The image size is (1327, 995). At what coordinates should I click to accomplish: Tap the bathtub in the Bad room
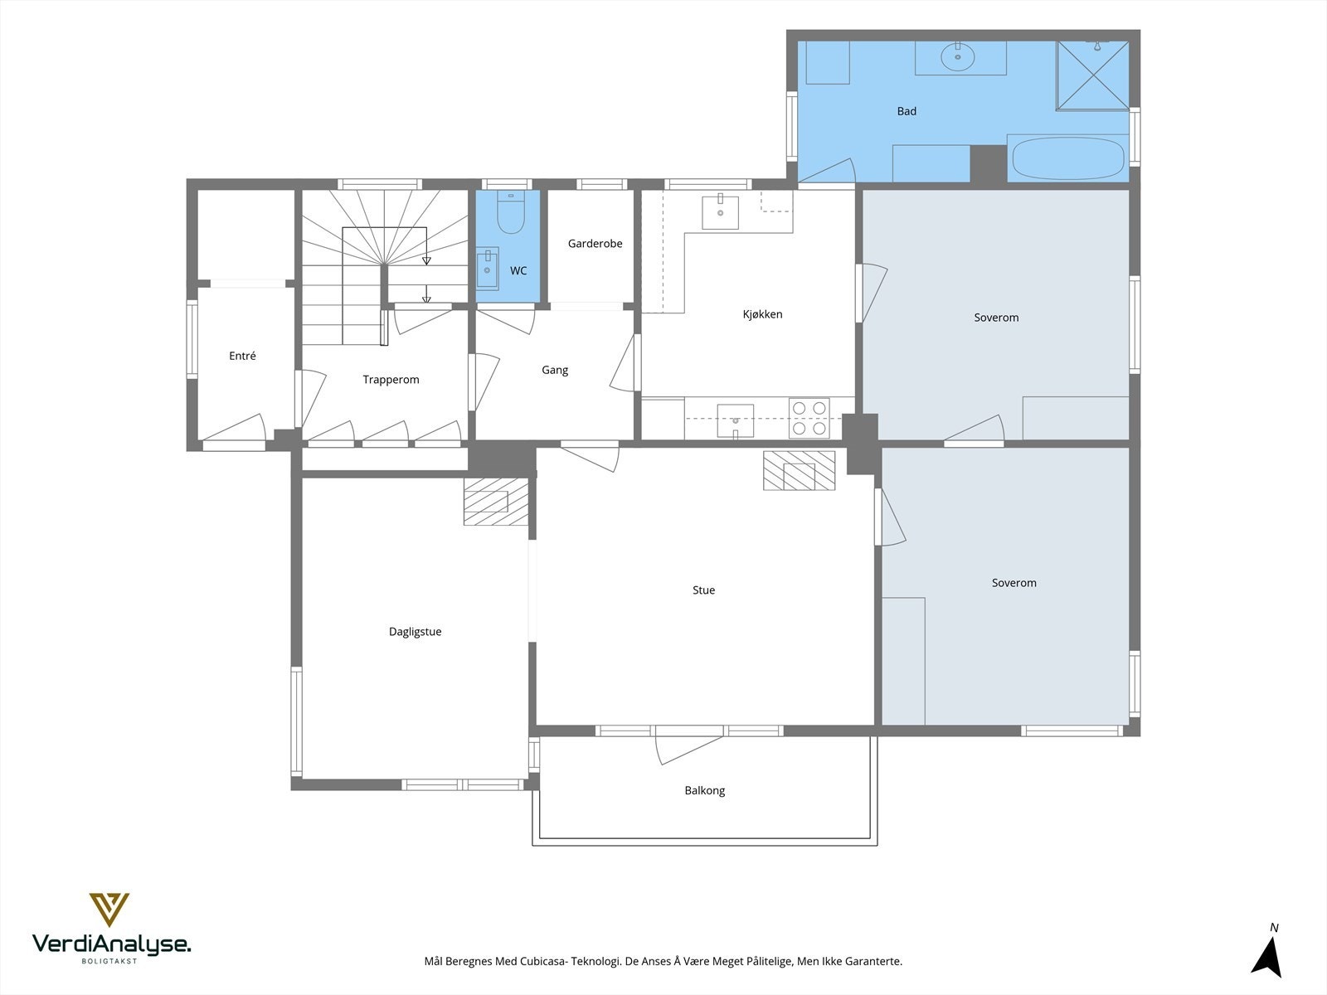1067,158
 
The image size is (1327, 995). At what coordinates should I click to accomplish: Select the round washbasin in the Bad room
958,57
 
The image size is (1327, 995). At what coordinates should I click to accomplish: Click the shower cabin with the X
1092,75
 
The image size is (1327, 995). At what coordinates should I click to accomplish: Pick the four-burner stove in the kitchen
809,418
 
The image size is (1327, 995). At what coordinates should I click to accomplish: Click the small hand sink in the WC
487,268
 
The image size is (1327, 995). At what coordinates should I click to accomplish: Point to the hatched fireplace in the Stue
799,470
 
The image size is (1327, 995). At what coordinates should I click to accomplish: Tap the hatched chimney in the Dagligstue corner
496,502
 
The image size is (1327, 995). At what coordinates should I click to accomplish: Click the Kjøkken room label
762,314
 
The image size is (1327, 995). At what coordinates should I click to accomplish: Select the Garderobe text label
595,244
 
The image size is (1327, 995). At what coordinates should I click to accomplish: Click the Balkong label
704,790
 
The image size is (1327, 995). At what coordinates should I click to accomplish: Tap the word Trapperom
391,380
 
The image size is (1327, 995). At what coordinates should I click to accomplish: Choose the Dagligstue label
415,631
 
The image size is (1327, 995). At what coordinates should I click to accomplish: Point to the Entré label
242,356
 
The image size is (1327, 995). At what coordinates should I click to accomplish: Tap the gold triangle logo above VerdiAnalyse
109,910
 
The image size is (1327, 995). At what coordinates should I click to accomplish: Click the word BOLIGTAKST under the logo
109,961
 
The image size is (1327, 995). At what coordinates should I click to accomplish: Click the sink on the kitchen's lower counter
735,420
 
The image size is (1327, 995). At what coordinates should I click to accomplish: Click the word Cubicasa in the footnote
543,961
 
